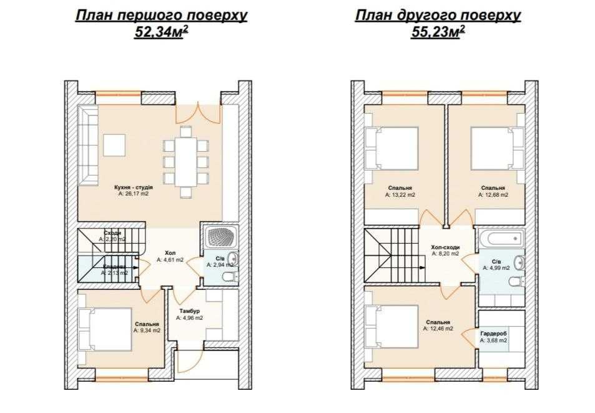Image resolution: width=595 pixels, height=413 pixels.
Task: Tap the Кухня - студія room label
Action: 134,190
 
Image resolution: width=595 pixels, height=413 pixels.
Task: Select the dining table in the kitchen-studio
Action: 185,161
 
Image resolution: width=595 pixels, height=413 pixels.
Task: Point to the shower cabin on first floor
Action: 219,237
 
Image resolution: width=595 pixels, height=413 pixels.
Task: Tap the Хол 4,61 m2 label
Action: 170,256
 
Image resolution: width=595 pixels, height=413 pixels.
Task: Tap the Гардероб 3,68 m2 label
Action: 493,337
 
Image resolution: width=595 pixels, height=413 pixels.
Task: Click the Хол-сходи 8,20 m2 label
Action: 445,250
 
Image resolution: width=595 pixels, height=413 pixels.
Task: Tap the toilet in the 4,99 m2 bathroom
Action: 516,283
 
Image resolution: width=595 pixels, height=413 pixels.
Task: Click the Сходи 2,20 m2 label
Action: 112,236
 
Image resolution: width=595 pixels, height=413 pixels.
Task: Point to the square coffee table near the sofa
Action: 114,146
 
